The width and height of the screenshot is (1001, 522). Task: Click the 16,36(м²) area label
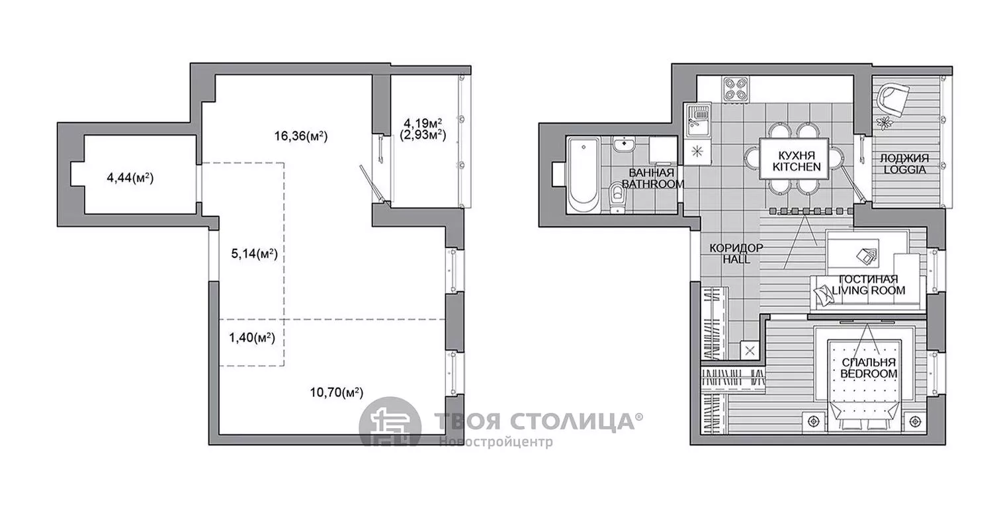pyautogui.click(x=301, y=136)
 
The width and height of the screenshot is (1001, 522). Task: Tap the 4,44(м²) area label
pyautogui.click(x=130, y=179)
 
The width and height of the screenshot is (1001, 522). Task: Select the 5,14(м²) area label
pyautogui.click(x=254, y=254)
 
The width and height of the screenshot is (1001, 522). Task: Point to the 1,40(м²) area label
pyautogui.click(x=252, y=337)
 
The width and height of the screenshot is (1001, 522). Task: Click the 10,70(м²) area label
pyautogui.click(x=337, y=393)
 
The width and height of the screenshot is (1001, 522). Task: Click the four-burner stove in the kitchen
pyautogui.click(x=736, y=89)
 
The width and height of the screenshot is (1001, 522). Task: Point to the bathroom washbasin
pyautogui.click(x=624, y=146)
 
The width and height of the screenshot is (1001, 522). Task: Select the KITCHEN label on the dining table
pyautogui.click(x=797, y=167)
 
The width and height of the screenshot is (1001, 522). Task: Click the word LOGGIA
pyautogui.click(x=904, y=170)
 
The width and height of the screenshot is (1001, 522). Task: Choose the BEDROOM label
pyautogui.click(x=869, y=374)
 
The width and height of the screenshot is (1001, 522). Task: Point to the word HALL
pyautogui.click(x=737, y=259)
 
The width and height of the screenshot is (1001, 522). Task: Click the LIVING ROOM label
pyautogui.click(x=868, y=290)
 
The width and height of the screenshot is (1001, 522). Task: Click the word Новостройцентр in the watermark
pyautogui.click(x=496, y=441)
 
